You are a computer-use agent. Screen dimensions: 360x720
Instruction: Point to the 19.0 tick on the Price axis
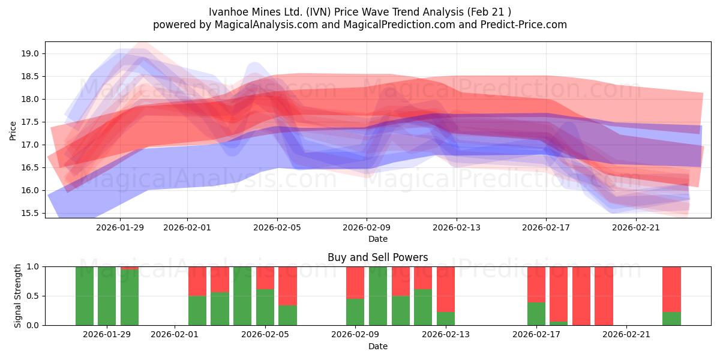(31, 53)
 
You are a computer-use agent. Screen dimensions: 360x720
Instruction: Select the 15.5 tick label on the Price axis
(31, 213)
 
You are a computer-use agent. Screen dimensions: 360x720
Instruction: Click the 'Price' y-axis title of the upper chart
(13, 130)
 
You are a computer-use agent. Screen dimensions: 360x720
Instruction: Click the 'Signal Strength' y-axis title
(18, 296)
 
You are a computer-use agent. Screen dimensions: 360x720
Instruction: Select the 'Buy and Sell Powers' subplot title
(377, 257)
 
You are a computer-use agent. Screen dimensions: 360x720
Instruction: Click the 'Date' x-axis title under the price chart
(377, 239)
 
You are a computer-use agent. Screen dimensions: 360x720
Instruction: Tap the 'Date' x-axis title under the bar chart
(377, 346)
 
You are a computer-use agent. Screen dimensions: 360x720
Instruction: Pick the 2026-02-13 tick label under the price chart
(456, 227)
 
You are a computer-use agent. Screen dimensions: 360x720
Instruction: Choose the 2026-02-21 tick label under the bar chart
(626, 334)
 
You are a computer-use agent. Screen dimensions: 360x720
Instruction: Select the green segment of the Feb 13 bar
(446, 319)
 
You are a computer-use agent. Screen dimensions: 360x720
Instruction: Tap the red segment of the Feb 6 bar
(287, 286)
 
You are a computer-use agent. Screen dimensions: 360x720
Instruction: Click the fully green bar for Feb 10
(378, 296)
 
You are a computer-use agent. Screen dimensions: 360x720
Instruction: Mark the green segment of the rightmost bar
(671, 319)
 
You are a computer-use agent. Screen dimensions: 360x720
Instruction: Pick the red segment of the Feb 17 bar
(536, 284)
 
